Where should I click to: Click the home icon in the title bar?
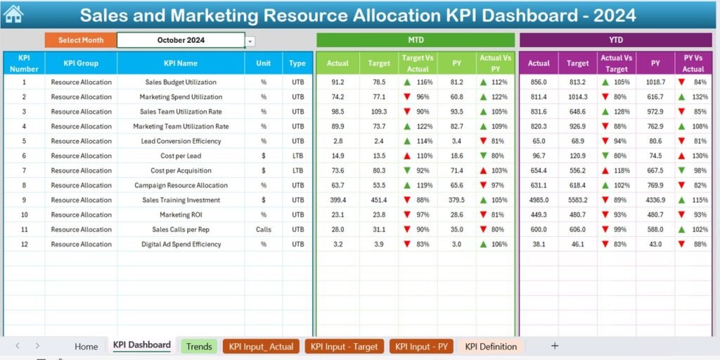click(x=14, y=13)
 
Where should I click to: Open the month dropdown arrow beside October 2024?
click(x=250, y=41)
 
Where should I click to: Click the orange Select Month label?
click(x=80, y=40)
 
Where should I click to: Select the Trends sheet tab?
click(x=199, y=346)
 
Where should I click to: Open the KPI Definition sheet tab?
click(x=491, y=346)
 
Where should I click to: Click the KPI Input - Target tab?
click(x=345, y=346)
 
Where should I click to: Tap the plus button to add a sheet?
click(x=555, y=346)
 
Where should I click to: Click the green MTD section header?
click(x=416, y=40)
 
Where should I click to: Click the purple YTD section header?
click(x=616, y=40)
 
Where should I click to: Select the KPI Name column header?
click(x=181, y=63)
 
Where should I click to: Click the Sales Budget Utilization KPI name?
click(x=181, y=82)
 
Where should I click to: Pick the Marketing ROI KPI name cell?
click(x=181, y=215)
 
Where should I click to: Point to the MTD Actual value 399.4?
click(x=337, y=200)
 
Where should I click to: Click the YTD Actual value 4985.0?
click(x=539, y=200)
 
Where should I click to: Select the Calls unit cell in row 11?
click(x=264, y=230)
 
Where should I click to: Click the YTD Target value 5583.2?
click(x=577, y=200)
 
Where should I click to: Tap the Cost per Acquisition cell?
click(x=181, y=171)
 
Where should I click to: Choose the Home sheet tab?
click(x=86, y=346)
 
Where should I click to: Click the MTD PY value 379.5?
click(x=456, y=200)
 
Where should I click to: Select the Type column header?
click(x=297, y=63)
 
